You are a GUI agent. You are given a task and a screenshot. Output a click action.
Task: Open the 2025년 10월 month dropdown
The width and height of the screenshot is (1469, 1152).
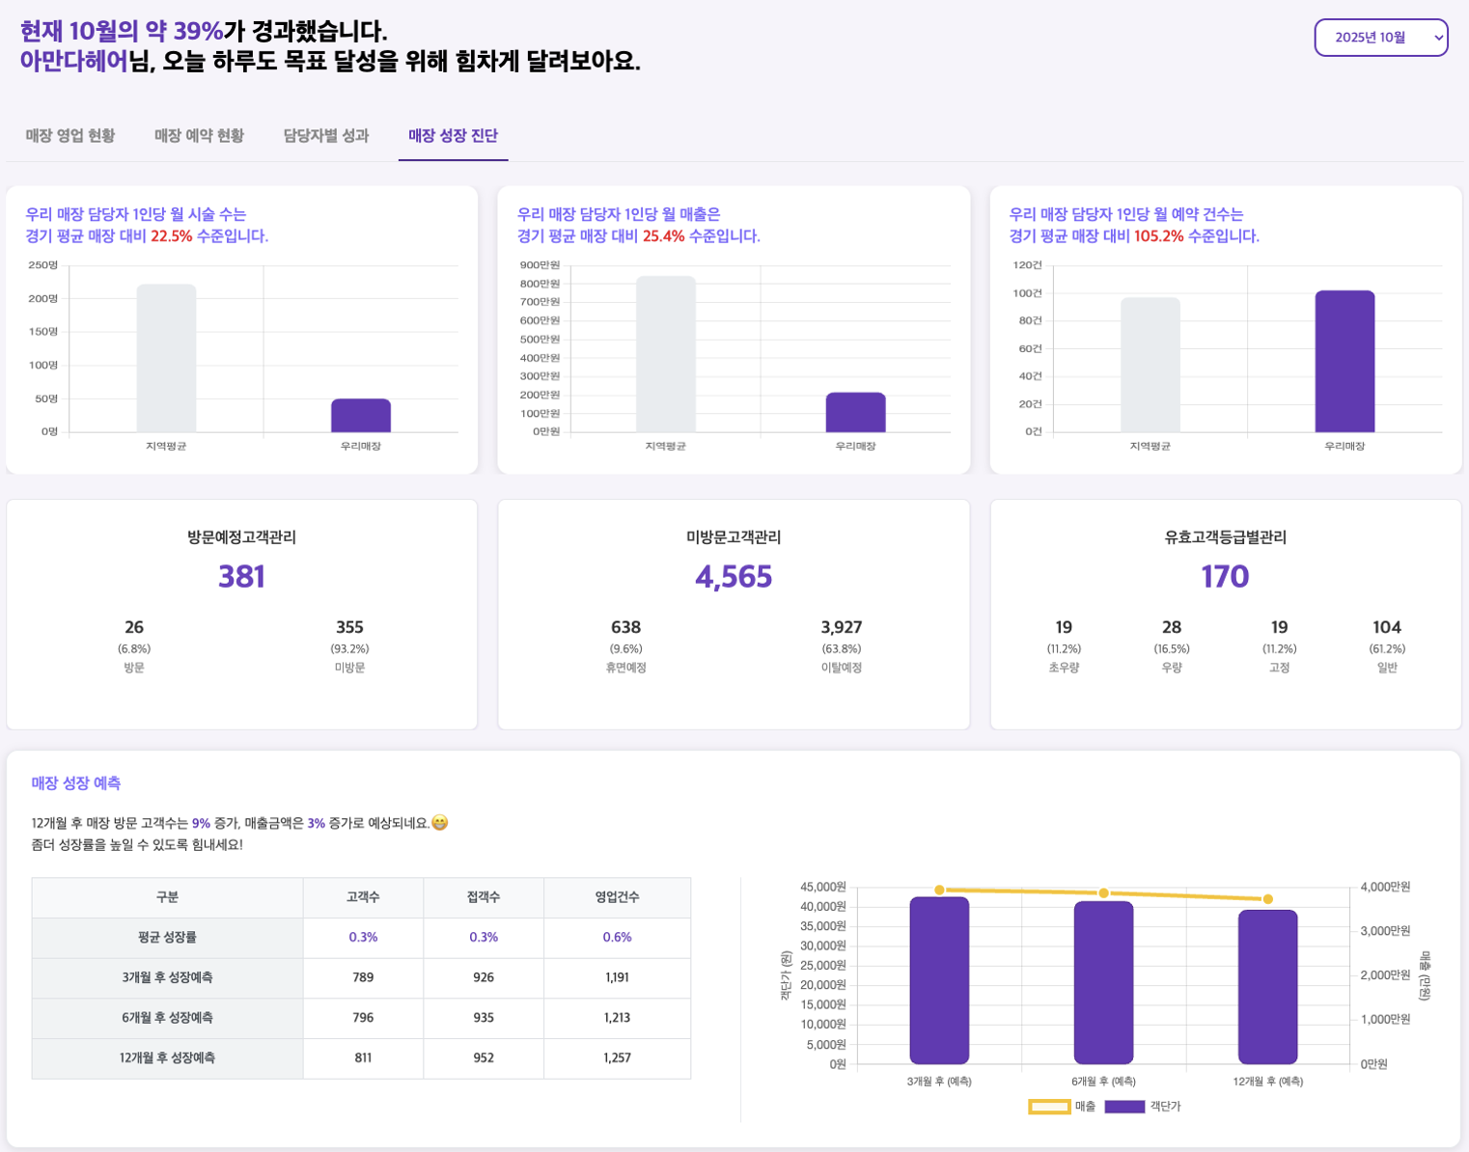pos(1380,38)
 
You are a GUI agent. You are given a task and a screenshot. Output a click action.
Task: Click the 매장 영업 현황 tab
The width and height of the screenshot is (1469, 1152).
pos(70,136)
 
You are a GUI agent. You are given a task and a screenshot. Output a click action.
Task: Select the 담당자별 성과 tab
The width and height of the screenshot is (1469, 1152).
pos(326,136)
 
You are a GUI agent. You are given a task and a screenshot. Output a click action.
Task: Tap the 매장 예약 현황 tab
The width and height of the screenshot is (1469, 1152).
pos(199,136)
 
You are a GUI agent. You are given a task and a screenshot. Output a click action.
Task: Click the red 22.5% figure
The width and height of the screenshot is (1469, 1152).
pos(172,236)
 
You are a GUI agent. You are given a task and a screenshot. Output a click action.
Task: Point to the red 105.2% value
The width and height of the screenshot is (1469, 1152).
pos(1158,236)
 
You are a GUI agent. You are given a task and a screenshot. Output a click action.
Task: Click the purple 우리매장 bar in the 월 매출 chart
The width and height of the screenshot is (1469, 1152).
pos(855,413)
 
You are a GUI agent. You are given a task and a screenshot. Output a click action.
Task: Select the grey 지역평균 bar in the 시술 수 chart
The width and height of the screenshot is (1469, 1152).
pos(166,358)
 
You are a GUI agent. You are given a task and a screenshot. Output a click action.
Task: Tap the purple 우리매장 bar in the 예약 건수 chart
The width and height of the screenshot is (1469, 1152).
pos(1344,362)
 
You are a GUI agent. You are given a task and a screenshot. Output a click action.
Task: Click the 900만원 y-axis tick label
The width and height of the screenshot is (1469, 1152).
pos(540,265)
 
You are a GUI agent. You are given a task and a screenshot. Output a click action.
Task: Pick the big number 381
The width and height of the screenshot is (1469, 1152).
pos(241,577)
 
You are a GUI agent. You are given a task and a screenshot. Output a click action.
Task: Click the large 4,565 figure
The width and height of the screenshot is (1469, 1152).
pos(734,577)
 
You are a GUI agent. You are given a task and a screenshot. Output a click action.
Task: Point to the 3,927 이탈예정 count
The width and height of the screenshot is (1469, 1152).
pos(842,627)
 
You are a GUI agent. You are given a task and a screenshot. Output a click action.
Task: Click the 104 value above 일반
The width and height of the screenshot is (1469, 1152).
pos(1387,627)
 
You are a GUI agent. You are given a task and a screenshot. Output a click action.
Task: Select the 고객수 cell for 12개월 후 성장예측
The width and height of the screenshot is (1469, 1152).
pos(363,1057)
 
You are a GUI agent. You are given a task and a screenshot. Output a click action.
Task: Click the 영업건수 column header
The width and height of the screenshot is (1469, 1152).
pos(617,897)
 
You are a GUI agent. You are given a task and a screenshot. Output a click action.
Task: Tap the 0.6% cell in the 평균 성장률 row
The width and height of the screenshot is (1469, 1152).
pos(617,937)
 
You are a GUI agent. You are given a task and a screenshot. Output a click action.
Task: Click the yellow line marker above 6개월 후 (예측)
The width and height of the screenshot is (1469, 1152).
pos(1104,893)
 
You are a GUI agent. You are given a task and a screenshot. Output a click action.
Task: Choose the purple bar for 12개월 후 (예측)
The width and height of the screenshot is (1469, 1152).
pos(1267,987)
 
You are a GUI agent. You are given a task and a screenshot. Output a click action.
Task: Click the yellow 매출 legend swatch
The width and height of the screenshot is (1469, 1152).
pos(1049,1107)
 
